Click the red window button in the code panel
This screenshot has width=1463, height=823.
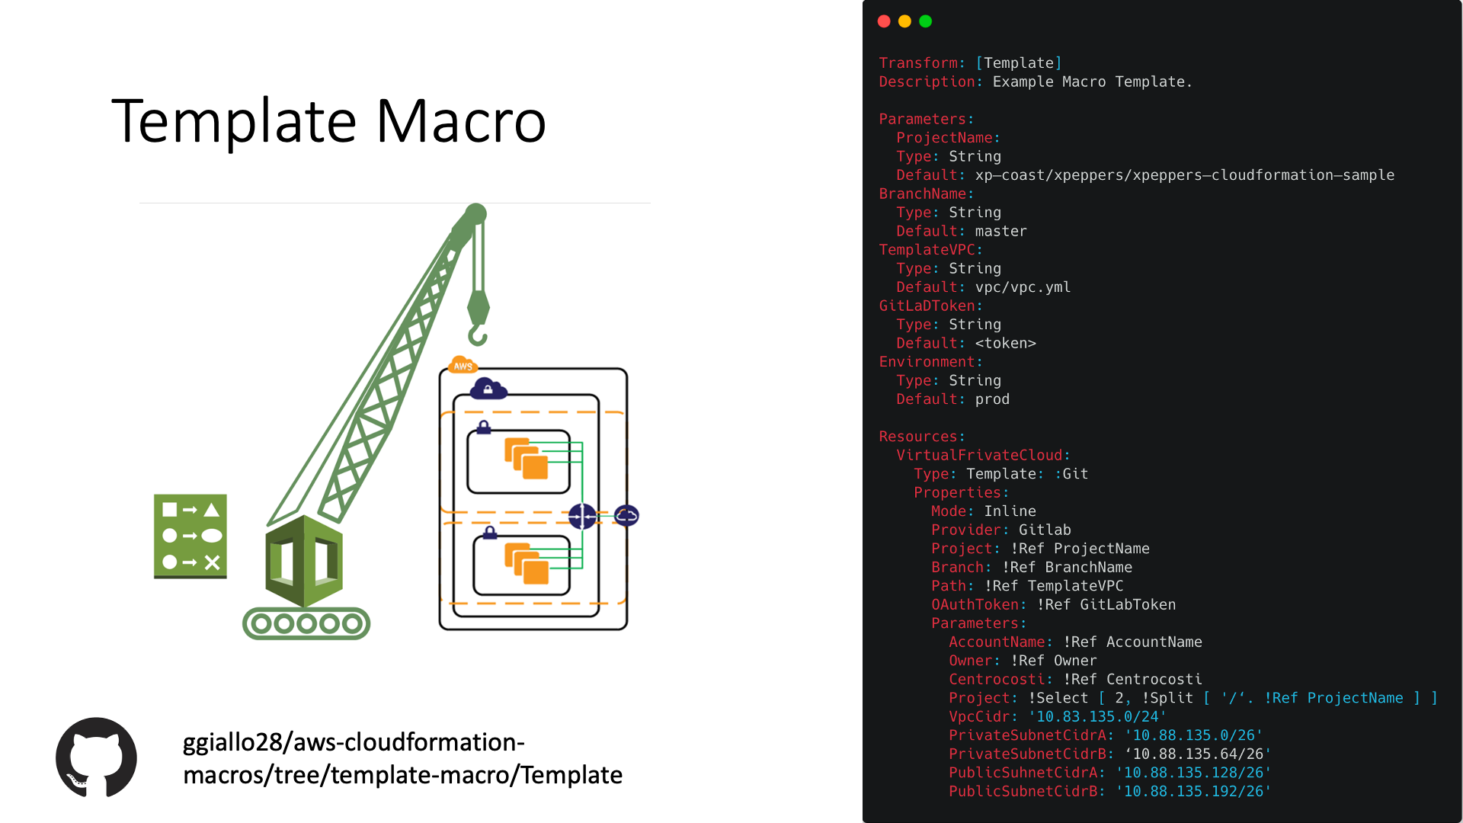point(884,21)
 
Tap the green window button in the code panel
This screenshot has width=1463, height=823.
point(926,21)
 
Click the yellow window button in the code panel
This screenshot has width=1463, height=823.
point(904,21)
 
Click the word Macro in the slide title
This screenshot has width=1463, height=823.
point(461,121)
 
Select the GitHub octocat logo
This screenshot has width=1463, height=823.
point(96,757)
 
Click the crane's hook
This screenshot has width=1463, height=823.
point(478,334)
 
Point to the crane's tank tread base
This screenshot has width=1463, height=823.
point(306,623)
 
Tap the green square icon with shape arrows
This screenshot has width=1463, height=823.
point(190,536)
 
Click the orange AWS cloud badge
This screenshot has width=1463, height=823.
point(463,365)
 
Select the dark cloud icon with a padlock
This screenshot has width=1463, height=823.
point(488,389)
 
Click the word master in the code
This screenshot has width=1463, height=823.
point(1000,231)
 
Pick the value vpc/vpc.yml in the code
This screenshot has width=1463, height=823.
point(1023,287)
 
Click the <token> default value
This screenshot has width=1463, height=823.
point(1005,343)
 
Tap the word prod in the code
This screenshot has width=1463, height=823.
point(992,399)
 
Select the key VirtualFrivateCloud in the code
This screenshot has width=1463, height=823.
point(979,455)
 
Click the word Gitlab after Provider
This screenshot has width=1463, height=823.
point(1045,530)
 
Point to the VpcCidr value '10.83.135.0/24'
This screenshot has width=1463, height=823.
point(1097,716)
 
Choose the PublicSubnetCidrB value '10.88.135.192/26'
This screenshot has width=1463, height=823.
point(1193,791)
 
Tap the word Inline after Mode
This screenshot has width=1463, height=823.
point(1010,511)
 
